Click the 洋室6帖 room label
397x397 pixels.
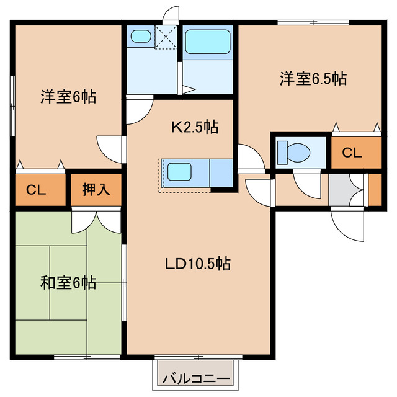tap(68, 97)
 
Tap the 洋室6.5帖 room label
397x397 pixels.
tap(312, 79)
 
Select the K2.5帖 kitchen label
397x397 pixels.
tap(194, 128)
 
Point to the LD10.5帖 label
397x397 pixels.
tap(198, 264)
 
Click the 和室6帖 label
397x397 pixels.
tap(68, 283)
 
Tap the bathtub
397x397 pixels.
tap(208, 43)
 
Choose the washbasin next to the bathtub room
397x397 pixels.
tap(141, 37)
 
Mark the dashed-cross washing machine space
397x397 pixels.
tap(166, 37)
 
